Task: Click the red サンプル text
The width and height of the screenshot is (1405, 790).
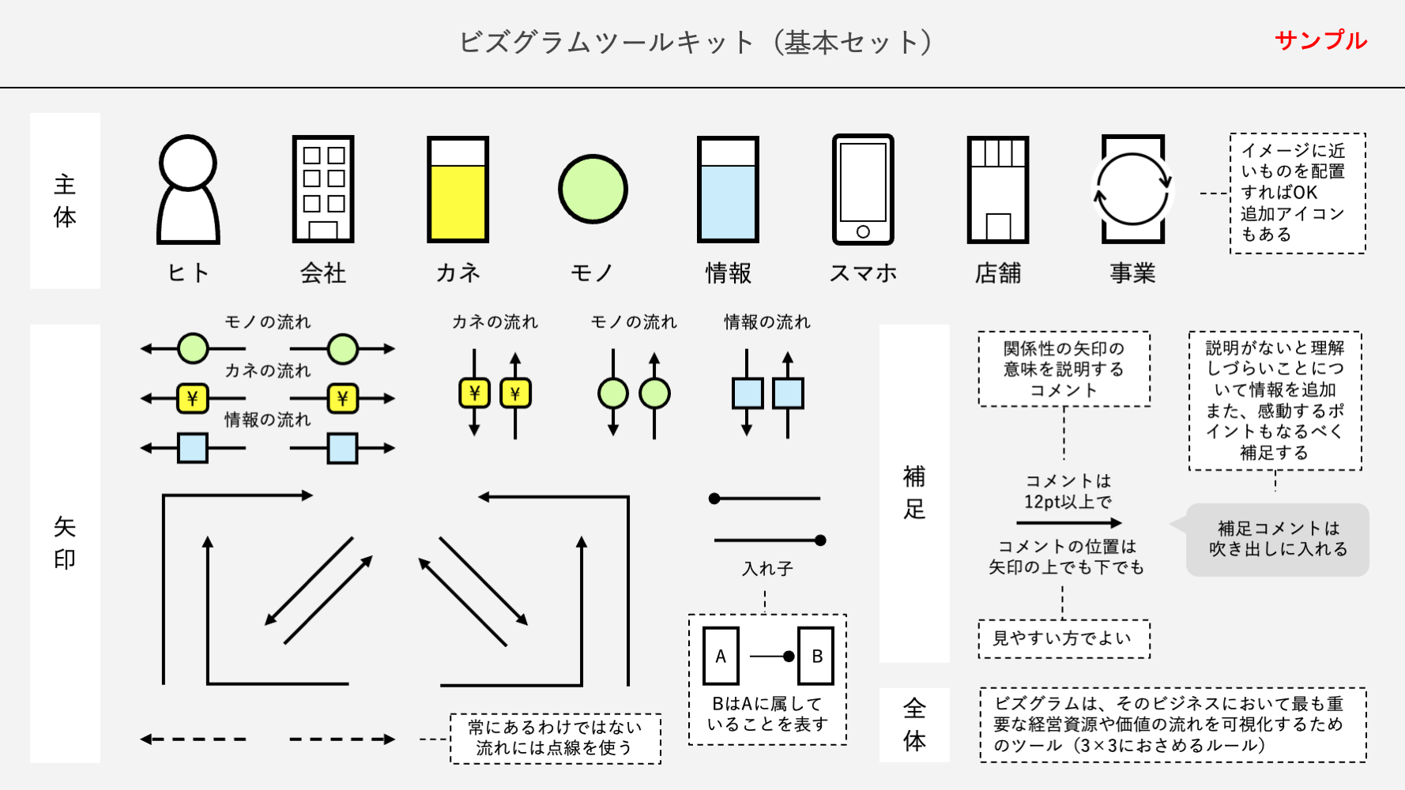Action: (1320, 40)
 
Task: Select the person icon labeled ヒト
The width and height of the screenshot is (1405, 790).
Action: (188, 190)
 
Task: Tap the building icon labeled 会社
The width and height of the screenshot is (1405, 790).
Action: (323, 190)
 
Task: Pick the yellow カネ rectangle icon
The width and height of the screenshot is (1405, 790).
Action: (458, 190)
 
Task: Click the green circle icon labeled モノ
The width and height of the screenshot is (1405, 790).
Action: (593, 190)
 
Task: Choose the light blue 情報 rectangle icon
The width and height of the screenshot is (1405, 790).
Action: (728, 190)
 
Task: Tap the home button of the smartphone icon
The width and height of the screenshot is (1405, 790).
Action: (863, 231)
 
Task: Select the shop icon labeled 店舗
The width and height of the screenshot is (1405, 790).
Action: (998, 190)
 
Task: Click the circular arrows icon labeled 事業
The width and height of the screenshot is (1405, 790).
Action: (1132, 190)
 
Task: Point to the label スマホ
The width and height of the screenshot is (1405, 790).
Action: (863, 273)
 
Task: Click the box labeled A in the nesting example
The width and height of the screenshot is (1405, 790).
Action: (721, 656)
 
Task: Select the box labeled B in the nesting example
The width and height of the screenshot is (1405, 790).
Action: (816, 656)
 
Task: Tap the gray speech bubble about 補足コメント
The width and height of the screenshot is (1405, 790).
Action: (1277, 539)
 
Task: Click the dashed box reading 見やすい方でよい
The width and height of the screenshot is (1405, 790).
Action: (1064, 638)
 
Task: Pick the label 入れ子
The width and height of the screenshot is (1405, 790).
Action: (767, 569)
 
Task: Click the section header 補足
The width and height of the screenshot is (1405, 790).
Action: (914, 493)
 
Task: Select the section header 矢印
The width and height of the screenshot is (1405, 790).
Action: (65, 543)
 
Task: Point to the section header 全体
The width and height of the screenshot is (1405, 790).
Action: (914, 724)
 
